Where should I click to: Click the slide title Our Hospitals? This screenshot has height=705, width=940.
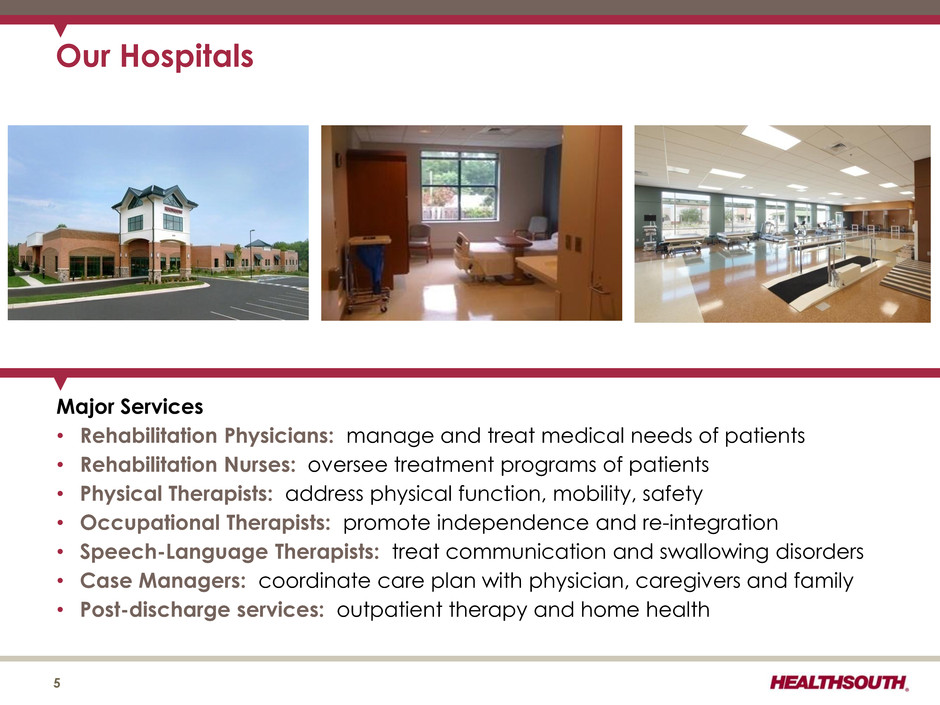(x=155, y=56)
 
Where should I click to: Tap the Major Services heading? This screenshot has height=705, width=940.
(x=129, y=407)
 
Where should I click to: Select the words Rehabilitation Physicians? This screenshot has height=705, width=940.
(x=207, y=436)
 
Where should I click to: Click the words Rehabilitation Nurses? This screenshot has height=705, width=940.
(x=188, y=465)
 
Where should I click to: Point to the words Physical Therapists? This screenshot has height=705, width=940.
(x=177, y=494)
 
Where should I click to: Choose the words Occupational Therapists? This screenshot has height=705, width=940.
(x=206, y=523)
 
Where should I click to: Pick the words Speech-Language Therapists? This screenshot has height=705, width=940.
(x=230, y=552)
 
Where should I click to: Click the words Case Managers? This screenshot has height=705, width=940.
(x=163, y=581)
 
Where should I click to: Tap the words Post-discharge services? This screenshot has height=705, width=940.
(x=202, y=610)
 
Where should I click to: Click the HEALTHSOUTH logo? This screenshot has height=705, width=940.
(x=839, y=682)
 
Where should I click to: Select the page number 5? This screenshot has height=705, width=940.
(x=57, y=683)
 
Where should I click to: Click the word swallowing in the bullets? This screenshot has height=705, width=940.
(x=714, y=552)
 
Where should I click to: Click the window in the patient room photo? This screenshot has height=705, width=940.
(x=459, y=185)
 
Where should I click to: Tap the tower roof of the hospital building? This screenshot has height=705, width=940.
(x=155, y=196)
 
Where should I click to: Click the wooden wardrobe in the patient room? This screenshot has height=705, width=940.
(x=378, y=216)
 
